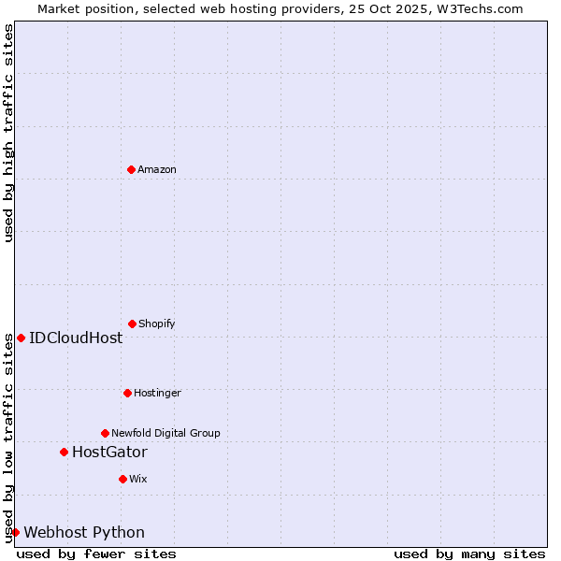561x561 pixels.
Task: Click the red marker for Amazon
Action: pos(131,169)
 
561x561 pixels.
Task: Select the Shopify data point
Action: pos(132,324)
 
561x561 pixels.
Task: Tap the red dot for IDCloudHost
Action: pos(21,338)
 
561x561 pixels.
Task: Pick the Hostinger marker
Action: pos(127,393)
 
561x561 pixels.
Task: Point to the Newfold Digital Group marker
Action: pos(105,433)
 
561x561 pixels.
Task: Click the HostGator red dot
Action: pos(64,452)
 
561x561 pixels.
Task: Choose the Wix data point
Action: pos(122,479)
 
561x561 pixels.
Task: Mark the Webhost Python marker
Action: pos(15,532)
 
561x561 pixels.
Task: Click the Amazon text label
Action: pos(157,169)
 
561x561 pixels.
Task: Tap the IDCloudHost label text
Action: pos(76,338)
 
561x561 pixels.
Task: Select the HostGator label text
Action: pos(109,452)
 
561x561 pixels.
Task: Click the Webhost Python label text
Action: pos(84,532)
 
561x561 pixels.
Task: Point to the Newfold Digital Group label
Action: pos(165,433)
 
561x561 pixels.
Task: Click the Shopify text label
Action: pos(156,324)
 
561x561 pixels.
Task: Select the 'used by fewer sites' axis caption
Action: pos(96,554)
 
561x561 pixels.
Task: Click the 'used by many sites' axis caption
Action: pos(469,554)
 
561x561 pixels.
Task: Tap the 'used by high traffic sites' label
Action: pos(8,133)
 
